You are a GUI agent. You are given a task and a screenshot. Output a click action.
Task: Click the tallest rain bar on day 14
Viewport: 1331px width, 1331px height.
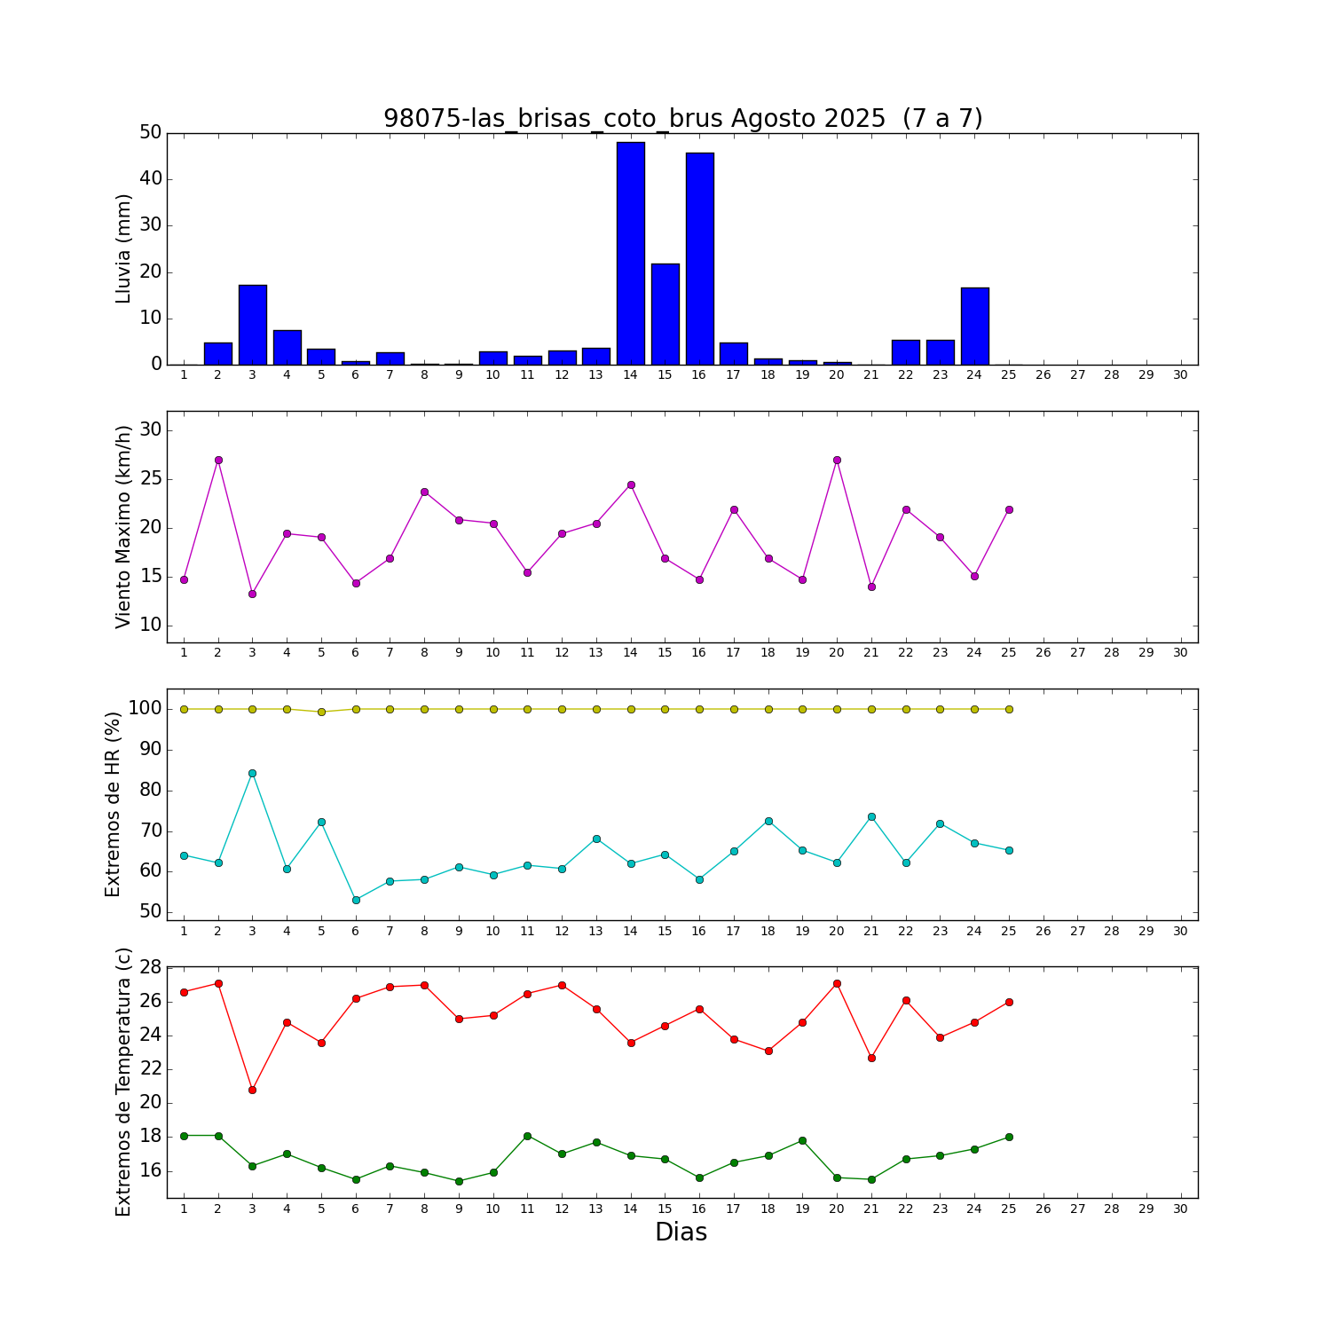tap(631, 253)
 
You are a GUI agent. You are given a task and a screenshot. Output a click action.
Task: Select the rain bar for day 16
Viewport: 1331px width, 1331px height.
tap(699, 258)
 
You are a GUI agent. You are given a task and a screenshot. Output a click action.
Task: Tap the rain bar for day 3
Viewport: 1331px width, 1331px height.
tap(253, 325)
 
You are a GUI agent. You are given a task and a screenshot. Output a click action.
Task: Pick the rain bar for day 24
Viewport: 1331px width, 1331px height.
tap(974, 326)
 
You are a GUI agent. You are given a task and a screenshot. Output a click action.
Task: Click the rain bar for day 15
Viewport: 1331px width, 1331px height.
tap(665, 314)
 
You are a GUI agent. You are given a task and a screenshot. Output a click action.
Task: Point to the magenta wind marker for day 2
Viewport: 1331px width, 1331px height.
tap(218, 460)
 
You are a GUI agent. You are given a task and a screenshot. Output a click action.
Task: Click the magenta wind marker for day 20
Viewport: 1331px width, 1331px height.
tap(837, 460)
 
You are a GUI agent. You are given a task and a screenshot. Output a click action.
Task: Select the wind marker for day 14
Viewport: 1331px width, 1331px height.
tap(631, 484)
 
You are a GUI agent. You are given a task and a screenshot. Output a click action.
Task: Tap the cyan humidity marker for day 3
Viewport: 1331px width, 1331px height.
tap(252, 773)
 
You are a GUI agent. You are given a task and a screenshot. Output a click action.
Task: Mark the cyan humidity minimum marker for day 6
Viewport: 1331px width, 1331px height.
tap(356, 900)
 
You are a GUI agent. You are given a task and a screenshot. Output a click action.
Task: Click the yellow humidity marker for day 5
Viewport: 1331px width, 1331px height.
tap(321, 712)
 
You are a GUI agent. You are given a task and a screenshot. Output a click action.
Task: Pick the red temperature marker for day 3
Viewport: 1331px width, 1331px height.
tap(252, 1090)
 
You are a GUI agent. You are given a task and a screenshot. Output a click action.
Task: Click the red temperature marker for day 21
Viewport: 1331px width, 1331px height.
tap(871, 1058)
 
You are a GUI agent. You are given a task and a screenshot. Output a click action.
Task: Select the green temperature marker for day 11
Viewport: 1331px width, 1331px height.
tap(527, 1136)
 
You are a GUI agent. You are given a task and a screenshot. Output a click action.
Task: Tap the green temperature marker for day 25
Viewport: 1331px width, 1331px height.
tap(1009, 1137)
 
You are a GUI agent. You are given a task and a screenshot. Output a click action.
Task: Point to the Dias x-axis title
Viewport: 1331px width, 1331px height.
tap(681, 1233)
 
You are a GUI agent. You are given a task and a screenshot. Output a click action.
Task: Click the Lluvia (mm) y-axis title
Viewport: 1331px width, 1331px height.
tap(123, 248)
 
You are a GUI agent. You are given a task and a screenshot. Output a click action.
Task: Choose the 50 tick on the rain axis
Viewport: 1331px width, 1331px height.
tap(151, 133)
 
